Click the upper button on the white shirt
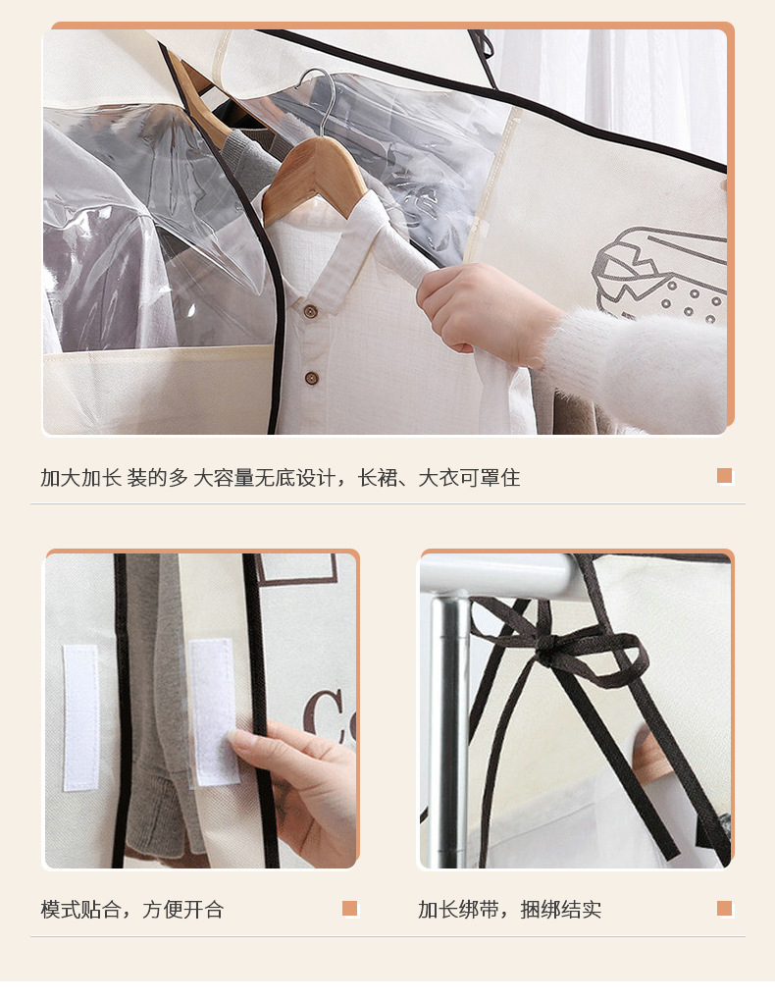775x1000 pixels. (x=310, y=311)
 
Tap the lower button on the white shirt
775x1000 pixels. (x=310, y=378)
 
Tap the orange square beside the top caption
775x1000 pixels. (x=724, y=476)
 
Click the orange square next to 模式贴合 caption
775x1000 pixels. (x=349, y=909)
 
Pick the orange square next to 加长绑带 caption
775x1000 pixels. (x=724, y=909)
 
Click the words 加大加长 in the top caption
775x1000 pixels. (x=79, y=478)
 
